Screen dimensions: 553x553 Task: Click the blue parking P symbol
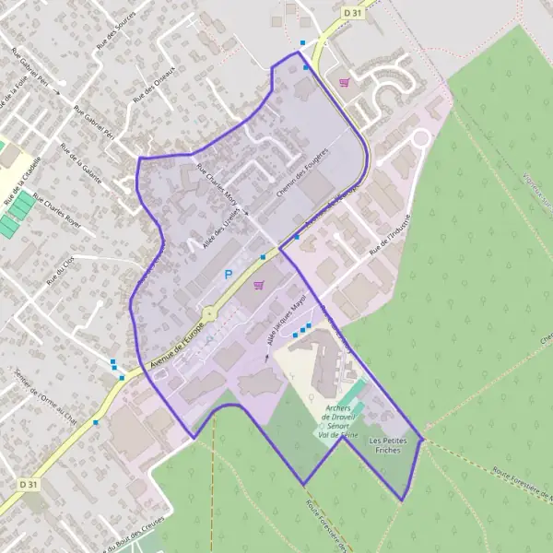[228, 275]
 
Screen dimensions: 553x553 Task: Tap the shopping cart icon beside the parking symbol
[258, 285]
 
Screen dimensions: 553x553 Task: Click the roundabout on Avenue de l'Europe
[210, 312]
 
